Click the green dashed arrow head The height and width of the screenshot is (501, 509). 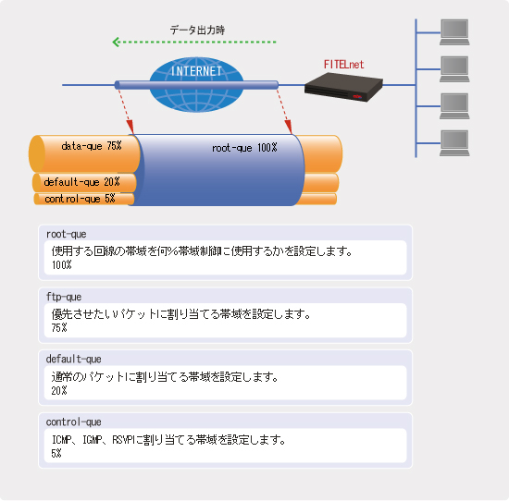(x=116, y=42)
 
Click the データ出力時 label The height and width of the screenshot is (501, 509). (x=197, y=31)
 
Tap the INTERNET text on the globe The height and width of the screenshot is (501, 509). (x=196, y=71)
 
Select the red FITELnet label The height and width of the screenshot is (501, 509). (x=343, y=65)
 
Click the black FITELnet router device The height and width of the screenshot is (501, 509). (x=343, y=87)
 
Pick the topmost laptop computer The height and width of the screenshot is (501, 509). (x=454, y=32)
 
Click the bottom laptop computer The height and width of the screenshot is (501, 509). (x=454, y=143)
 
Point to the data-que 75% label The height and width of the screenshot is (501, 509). (x=92, y=146)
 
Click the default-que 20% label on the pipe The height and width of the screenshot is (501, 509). (x=81, y=182)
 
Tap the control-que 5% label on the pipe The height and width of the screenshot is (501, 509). (x=80, y=199)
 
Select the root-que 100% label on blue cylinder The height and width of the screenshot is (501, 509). (x=244, y=148)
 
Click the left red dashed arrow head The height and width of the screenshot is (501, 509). (x=130, y=127)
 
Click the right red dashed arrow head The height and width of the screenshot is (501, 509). (x=288, y=127)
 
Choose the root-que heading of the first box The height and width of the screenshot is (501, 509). (x=67, y=234)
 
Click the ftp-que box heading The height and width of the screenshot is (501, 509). (x=64, y=297)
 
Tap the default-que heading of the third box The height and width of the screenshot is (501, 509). (x=73, y=360)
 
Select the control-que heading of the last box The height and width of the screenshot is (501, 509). (x=73, y=422)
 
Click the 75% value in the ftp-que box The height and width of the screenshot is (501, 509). (x=59, y=328)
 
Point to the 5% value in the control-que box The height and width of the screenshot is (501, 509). (x=56, y=453)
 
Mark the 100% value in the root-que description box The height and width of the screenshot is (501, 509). (x=62, y=265)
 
